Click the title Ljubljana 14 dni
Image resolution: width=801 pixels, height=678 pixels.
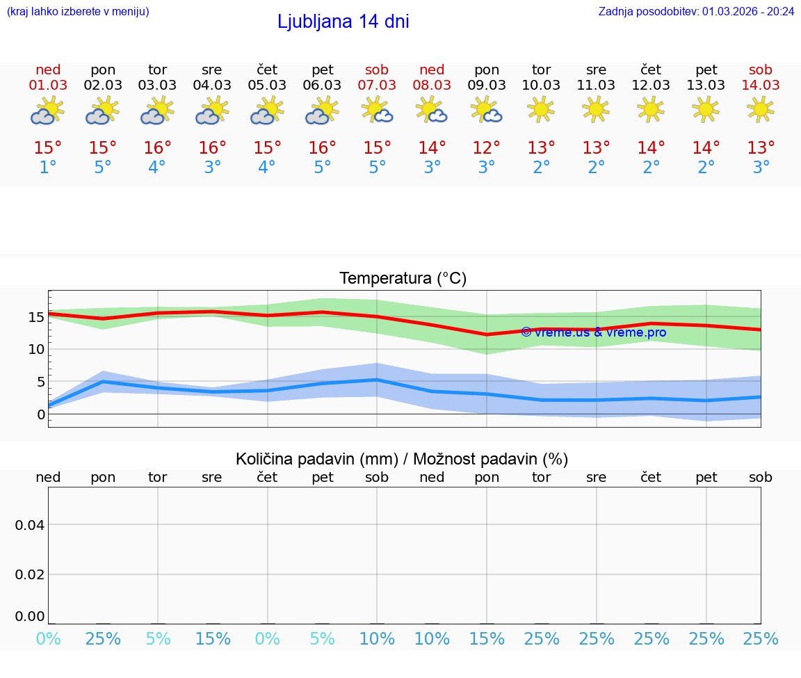coord(343,22)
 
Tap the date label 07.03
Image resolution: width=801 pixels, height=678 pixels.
coord(377,85)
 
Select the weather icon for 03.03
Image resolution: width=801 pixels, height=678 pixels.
coord(157,111)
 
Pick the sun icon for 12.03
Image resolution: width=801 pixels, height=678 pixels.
coord(651,109)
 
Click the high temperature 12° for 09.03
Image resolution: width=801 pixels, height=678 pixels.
coord(487,148)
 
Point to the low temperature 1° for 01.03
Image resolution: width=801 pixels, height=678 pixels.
coord(48,168)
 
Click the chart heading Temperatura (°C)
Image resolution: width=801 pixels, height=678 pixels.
coord(403,279)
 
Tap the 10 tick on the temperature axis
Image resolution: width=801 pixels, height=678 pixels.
coord(36,349)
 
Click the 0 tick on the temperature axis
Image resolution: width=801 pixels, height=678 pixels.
coord(40,414)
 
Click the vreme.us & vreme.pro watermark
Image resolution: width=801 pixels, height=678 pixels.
coord(593,332)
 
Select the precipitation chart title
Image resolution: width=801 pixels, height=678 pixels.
coord(402,459)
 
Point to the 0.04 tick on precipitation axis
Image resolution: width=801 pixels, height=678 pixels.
coord(30,524)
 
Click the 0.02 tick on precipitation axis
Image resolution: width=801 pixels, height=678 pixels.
coord(30,574)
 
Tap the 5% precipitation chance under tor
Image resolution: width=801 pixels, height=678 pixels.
coord(158,638)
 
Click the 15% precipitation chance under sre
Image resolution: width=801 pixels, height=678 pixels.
coord(213,638)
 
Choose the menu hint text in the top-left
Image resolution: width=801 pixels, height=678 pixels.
coord(78,11)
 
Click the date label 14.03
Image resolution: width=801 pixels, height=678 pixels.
coord(761,85)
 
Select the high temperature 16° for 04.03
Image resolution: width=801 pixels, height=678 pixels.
coord(213,148)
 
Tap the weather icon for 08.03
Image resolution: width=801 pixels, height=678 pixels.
coord(432,111)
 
